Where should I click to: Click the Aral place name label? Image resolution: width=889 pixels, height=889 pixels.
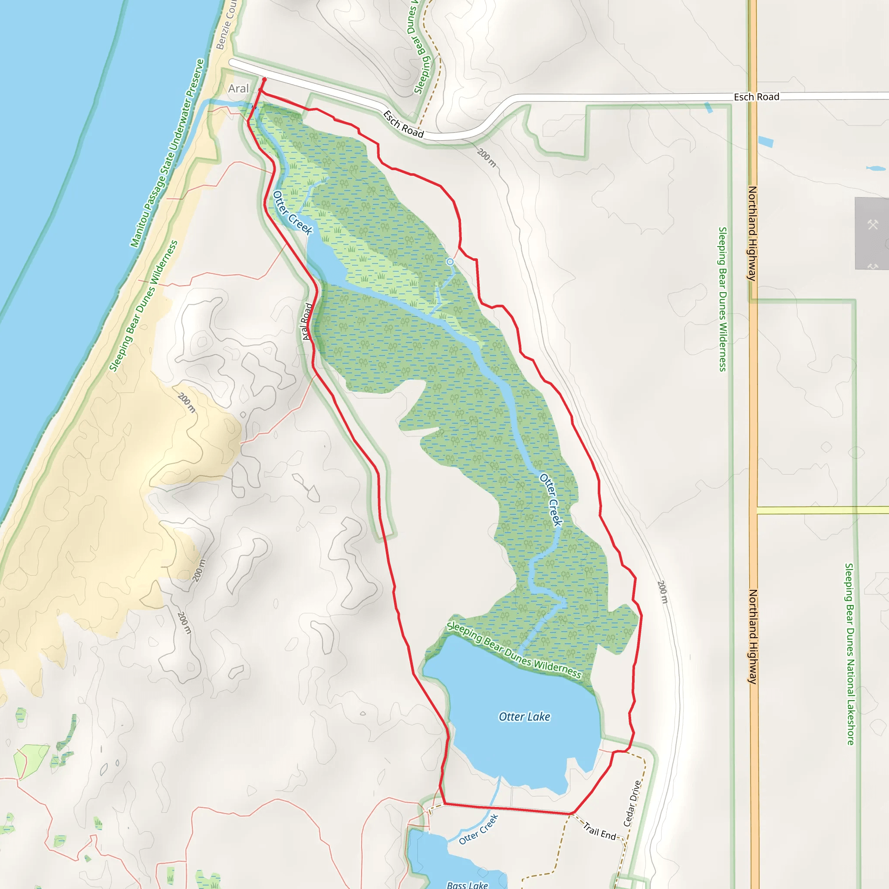click(x=238, y=89)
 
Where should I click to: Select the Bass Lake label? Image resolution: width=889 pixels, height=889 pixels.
click(x=467, y=884)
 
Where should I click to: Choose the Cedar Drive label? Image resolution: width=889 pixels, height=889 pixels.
click(x=632, y=803)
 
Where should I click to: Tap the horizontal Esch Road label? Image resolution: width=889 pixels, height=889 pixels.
click(x=757, y=97)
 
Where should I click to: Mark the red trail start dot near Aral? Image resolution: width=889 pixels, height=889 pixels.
click(x=264, y=79)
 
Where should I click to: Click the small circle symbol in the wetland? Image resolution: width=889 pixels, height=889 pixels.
click(x=450, y=262)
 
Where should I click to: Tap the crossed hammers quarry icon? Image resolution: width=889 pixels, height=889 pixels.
click(x=873, y=224)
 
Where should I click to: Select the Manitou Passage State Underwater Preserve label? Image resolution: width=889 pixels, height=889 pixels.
click(x=167, y=153)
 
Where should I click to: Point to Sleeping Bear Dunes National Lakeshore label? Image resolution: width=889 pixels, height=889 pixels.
click(x=849, y=654)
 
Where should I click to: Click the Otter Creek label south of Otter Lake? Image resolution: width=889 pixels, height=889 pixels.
click(x=478, y=829)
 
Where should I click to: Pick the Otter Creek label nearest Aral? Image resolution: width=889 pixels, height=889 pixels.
click(x=293, y=213)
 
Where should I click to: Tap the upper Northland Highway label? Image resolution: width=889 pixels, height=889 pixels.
click(x=752, y=233)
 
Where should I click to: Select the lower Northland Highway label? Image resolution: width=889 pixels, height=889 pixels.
click(x=752, y=636)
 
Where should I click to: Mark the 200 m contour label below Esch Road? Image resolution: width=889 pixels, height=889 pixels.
click(x=486, y=158)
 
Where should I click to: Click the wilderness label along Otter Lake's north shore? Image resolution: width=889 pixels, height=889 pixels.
click(x=514, y=651)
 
